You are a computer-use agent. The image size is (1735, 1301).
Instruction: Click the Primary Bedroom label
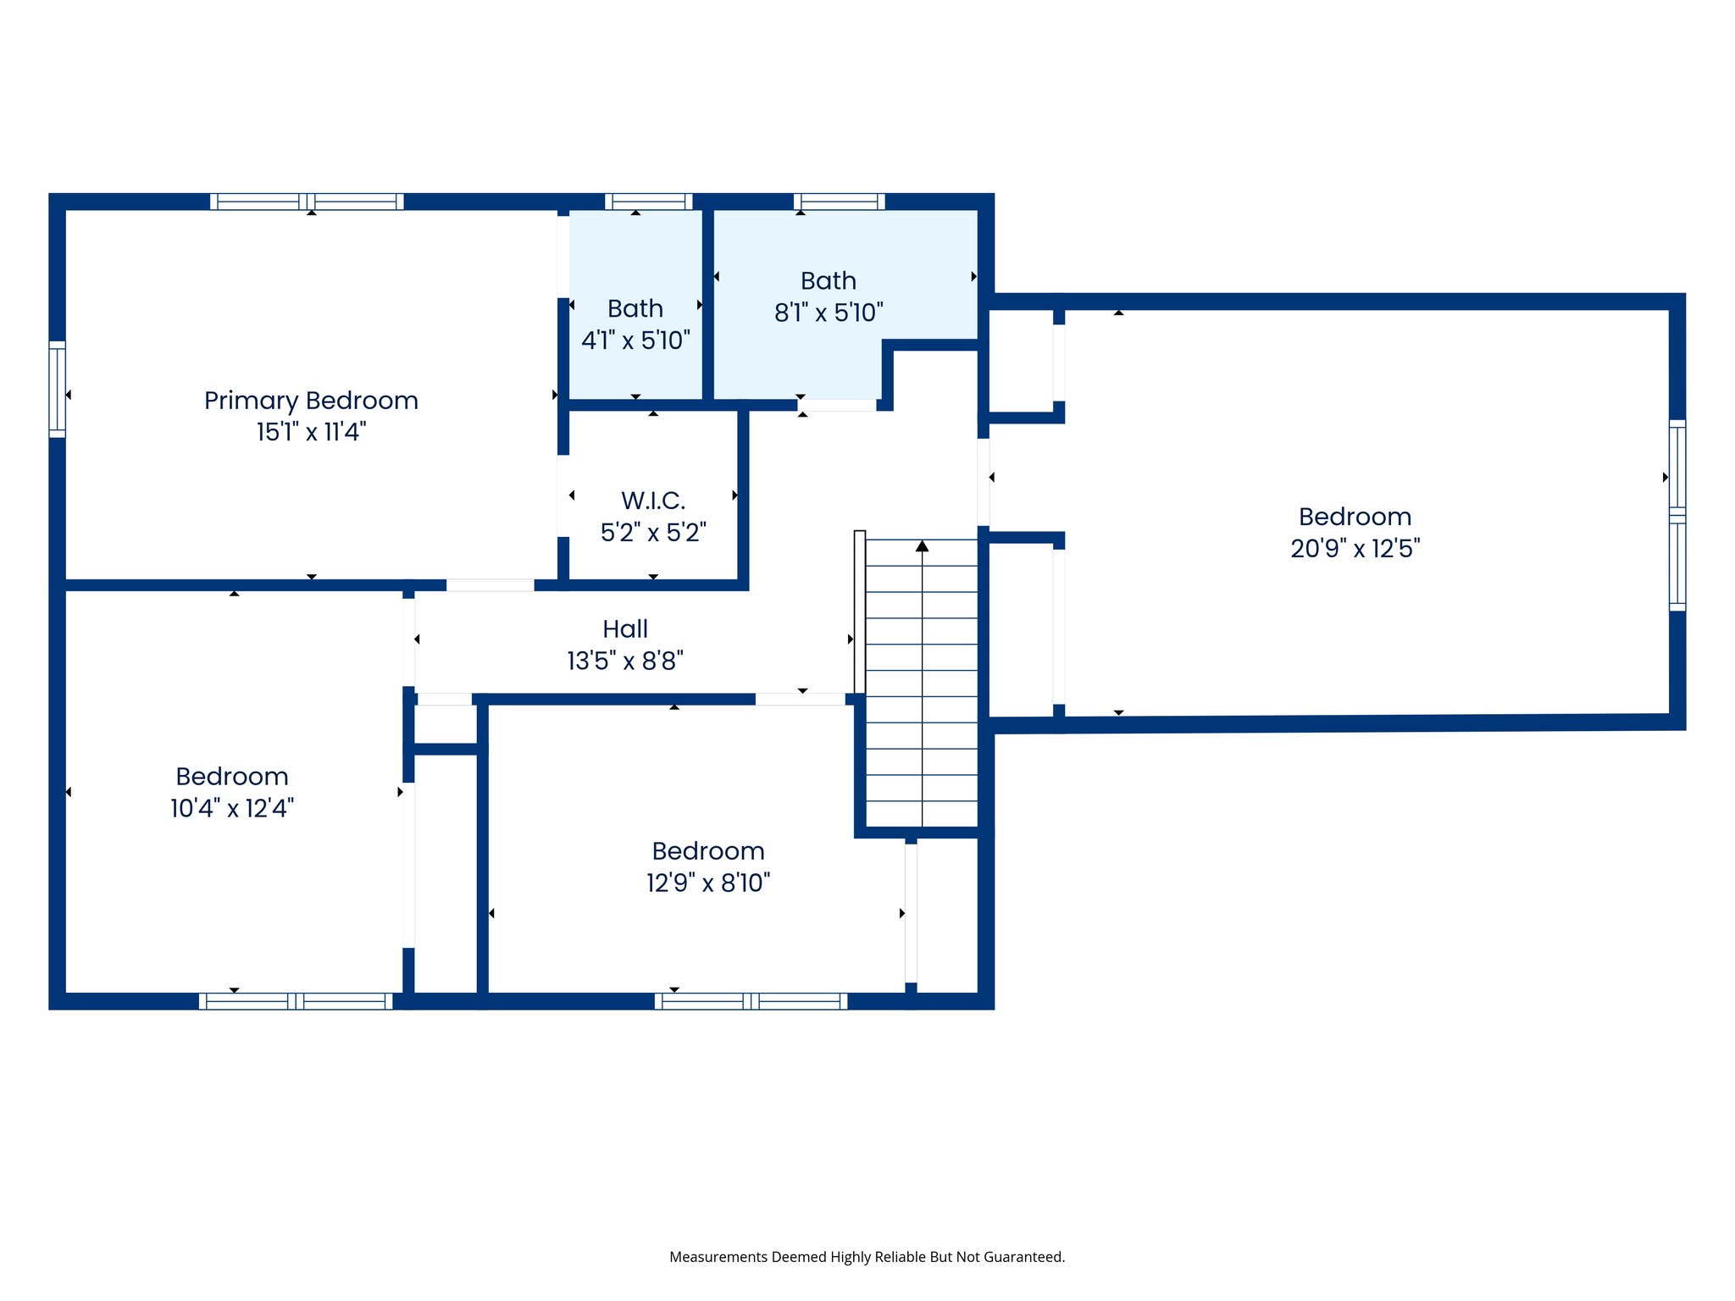point(311,401)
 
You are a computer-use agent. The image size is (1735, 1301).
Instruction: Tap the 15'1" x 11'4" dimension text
point(311,432)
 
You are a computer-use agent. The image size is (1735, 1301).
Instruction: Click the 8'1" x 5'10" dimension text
point(829,313)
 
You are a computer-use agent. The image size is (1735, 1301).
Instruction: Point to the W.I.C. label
point(653,501)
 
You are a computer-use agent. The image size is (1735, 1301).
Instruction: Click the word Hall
point(625,629)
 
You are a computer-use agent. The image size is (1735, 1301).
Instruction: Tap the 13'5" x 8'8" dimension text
point(625,661)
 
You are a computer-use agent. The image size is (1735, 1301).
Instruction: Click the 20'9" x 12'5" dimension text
point(1355,549)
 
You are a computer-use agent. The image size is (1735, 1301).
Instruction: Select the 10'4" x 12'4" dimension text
point(232,808)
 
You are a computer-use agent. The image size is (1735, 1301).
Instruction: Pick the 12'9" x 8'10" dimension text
point(708,883)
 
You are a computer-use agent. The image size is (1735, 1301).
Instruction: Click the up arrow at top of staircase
point(922,546)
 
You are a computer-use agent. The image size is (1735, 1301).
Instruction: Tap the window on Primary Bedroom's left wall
point(57,389)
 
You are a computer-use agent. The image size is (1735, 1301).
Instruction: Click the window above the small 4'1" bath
point(649,202)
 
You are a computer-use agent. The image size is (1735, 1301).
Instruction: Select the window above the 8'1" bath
point(839,202)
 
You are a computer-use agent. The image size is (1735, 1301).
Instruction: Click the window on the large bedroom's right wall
point(1677,515)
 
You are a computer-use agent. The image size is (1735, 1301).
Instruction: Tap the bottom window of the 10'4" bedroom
point(296,1001)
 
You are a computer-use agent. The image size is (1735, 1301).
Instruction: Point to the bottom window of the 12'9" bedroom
point(751,1001)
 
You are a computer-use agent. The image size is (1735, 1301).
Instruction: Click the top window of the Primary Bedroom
point(307,202)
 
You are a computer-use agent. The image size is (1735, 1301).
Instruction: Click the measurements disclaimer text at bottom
point(867,1257)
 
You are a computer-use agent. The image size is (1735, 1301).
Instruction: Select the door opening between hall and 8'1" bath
point(837,406)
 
